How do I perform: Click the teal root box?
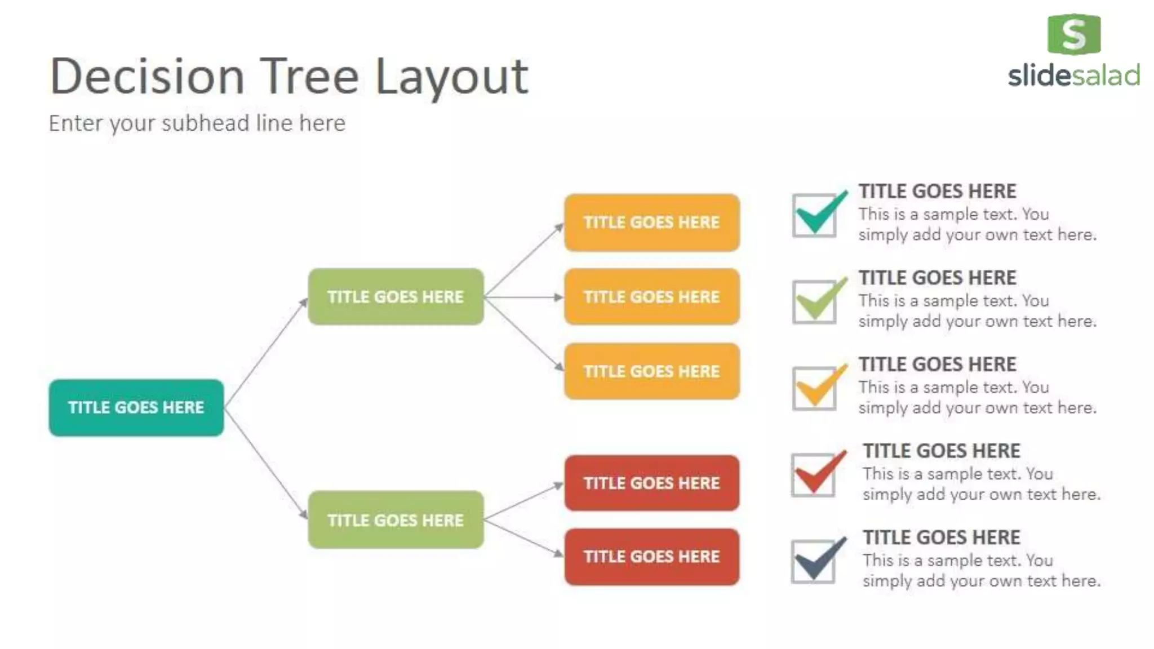pos(136,407)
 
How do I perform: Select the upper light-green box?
pos(396,296)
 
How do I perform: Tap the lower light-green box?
pos(396,519)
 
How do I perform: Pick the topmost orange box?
pos(652,223)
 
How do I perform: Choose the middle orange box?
pos(652,296)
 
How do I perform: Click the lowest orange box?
pos(652,371)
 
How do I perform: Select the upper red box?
pos(652,483)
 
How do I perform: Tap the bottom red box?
pos(652,557)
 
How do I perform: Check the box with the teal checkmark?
pos(815,215)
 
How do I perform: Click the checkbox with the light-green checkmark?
pos(815,302)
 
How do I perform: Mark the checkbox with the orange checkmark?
pos(815,388)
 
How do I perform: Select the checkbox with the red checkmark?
pos(814,475)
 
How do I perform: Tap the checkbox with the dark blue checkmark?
pos(814,561)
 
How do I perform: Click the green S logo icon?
pos(1073,34)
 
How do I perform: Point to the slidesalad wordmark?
pos(1073,76)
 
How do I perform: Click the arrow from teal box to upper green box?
pos(265,353)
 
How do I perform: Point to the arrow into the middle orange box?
pos(524,297)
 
